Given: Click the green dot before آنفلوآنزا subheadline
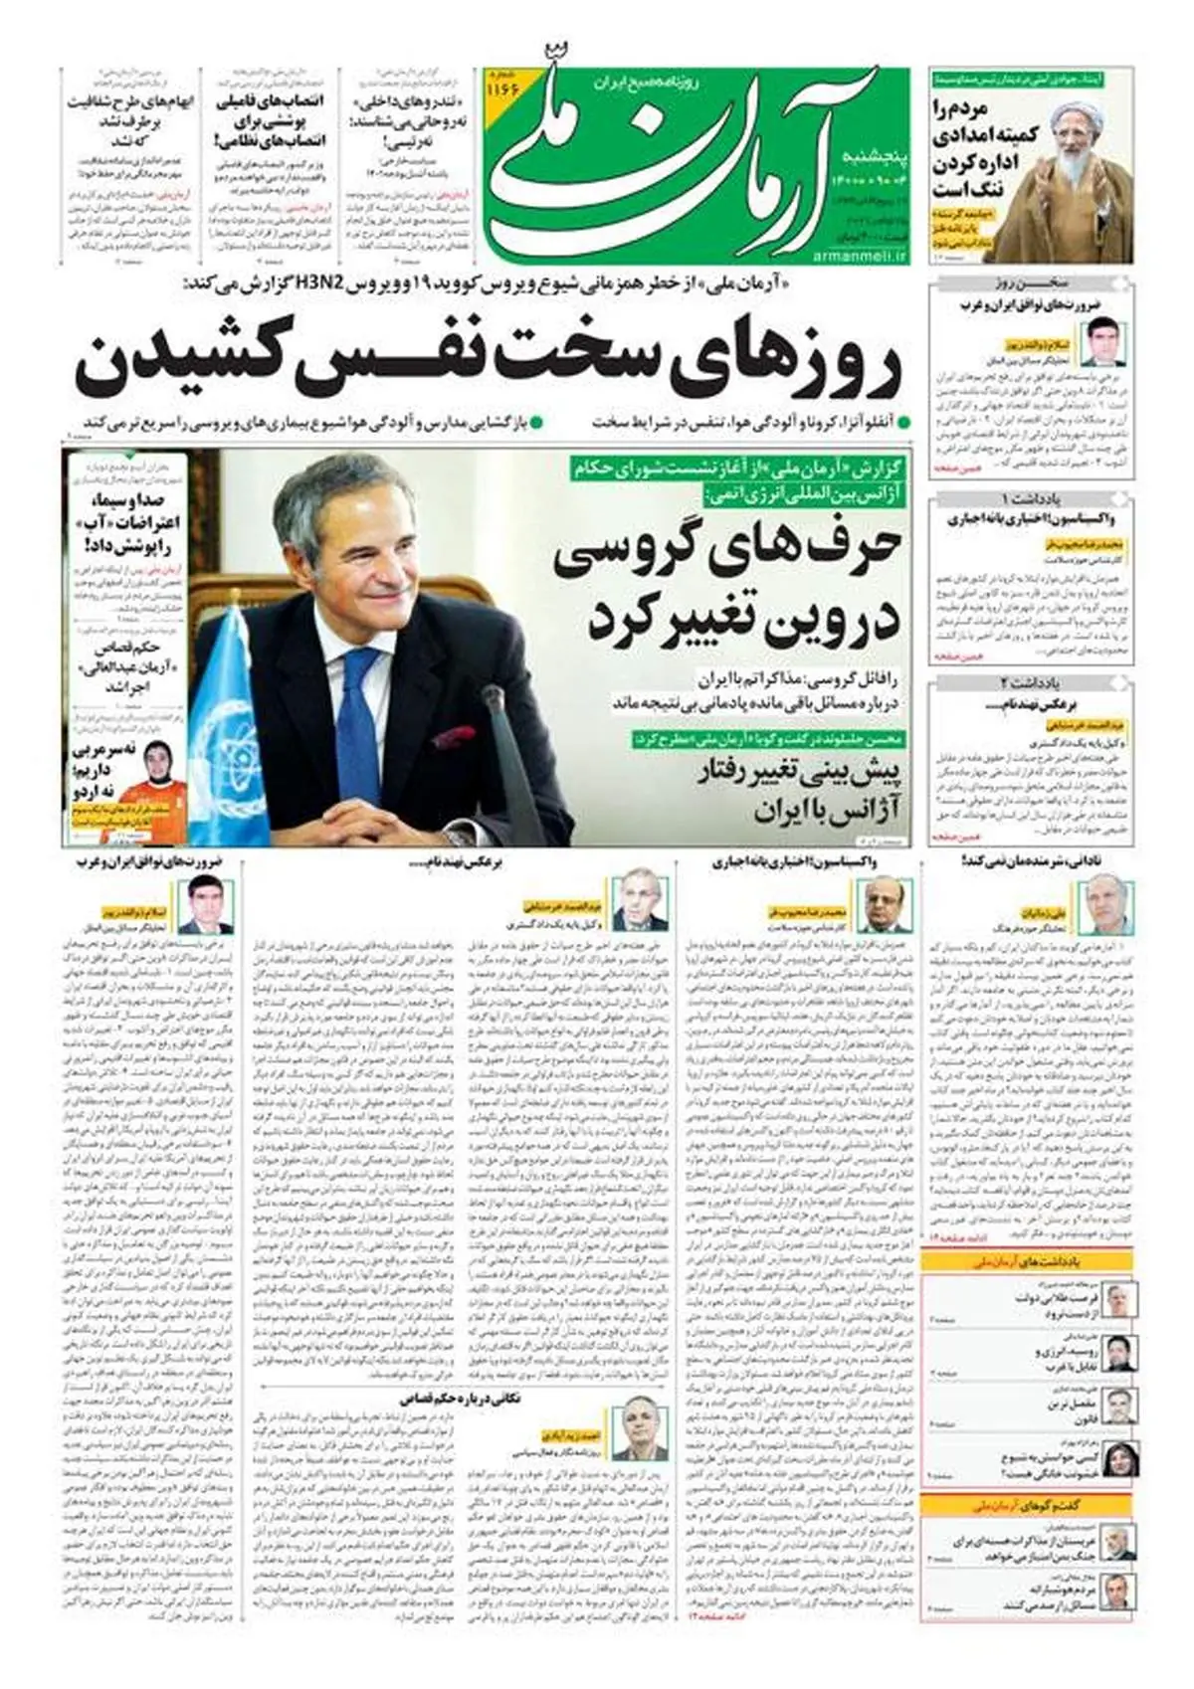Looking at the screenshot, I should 903,422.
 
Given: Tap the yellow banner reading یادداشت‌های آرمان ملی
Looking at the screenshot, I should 1028,1261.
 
